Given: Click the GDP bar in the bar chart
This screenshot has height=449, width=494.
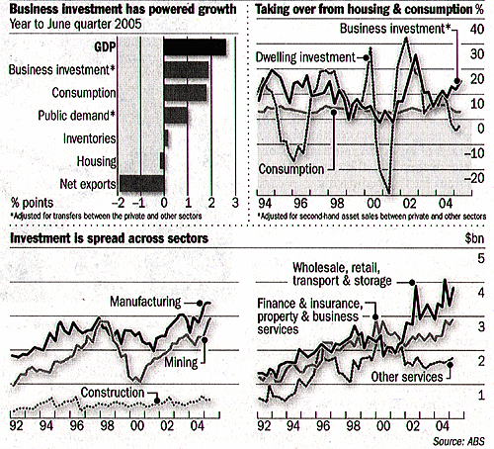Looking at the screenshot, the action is click(195, 47).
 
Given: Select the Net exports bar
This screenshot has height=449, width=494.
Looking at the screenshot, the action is click(142, 183).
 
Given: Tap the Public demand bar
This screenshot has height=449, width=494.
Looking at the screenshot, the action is click(176, 116).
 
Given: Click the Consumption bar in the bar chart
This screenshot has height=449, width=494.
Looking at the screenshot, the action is click(186, 93).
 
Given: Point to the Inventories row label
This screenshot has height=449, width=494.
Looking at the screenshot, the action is click(90, 138).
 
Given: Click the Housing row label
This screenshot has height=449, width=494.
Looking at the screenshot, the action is click(97, 161).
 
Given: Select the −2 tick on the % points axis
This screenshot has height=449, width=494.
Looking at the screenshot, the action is click(119, 203).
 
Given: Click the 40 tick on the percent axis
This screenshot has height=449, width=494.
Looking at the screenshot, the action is click(477, 30).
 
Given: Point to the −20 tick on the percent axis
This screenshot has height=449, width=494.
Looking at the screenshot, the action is click(474, 178).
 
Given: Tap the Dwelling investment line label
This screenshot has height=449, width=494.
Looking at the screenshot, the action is click(305, 57).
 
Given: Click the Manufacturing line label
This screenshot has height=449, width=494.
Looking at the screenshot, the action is click(145, 302).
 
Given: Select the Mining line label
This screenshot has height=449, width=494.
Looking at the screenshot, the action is click(181, 362).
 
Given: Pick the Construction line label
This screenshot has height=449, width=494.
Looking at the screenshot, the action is click(113, 393).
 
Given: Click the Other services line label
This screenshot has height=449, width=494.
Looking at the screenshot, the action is click(407, 377).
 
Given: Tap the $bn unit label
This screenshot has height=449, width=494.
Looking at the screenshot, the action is click(474, 238).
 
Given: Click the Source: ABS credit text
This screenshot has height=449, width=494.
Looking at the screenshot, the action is click(458, 441).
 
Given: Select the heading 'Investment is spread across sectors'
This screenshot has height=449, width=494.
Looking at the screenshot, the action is click(109, 238).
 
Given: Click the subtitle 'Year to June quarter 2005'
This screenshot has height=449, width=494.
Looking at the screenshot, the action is click(76, 24).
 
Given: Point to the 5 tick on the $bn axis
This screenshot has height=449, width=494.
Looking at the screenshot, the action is click(481, 258).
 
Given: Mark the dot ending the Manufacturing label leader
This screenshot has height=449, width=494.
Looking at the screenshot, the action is click(199, 303).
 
